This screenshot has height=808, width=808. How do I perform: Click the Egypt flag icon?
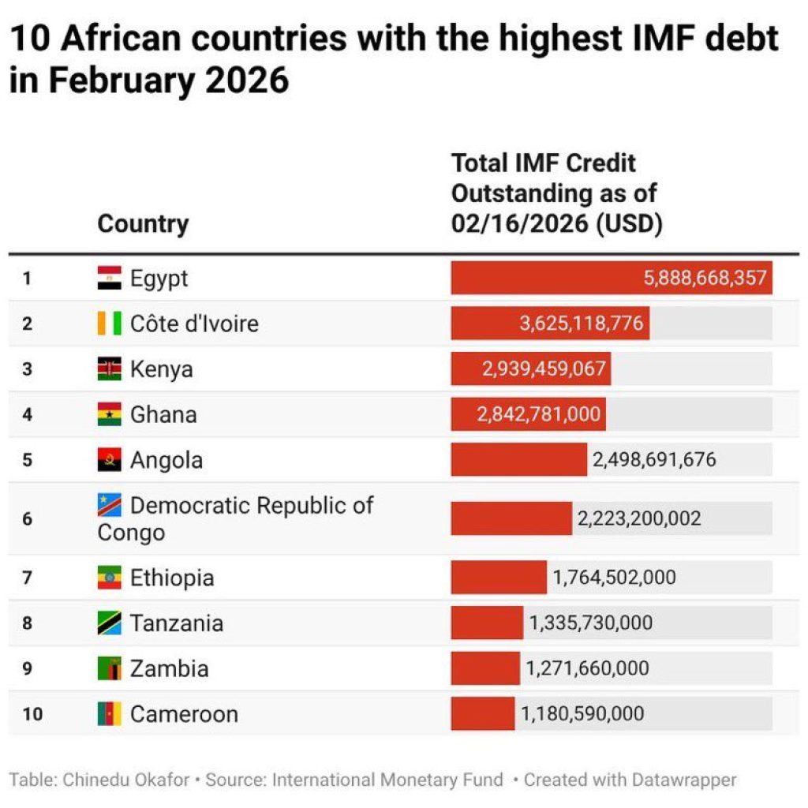point(110,278)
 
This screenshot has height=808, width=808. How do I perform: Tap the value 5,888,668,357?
point(705,279)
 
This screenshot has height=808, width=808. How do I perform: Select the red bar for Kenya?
point(530,368)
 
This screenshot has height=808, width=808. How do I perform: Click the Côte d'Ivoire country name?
point(194,324)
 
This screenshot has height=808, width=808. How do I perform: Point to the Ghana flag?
point(110,414)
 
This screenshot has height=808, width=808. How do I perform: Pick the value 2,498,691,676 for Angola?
point(654,460)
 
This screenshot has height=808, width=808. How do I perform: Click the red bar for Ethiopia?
point(499,578)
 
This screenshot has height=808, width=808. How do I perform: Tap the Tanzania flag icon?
point(110,623)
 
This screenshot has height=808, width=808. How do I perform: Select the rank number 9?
point(27,669)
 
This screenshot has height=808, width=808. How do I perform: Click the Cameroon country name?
point(184,714)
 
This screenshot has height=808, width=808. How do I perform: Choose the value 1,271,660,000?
point(588,669)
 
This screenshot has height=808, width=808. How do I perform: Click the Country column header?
point(143,224)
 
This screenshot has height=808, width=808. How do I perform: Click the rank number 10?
point(32,714)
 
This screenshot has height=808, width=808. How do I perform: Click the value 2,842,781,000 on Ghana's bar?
point(539,414)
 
